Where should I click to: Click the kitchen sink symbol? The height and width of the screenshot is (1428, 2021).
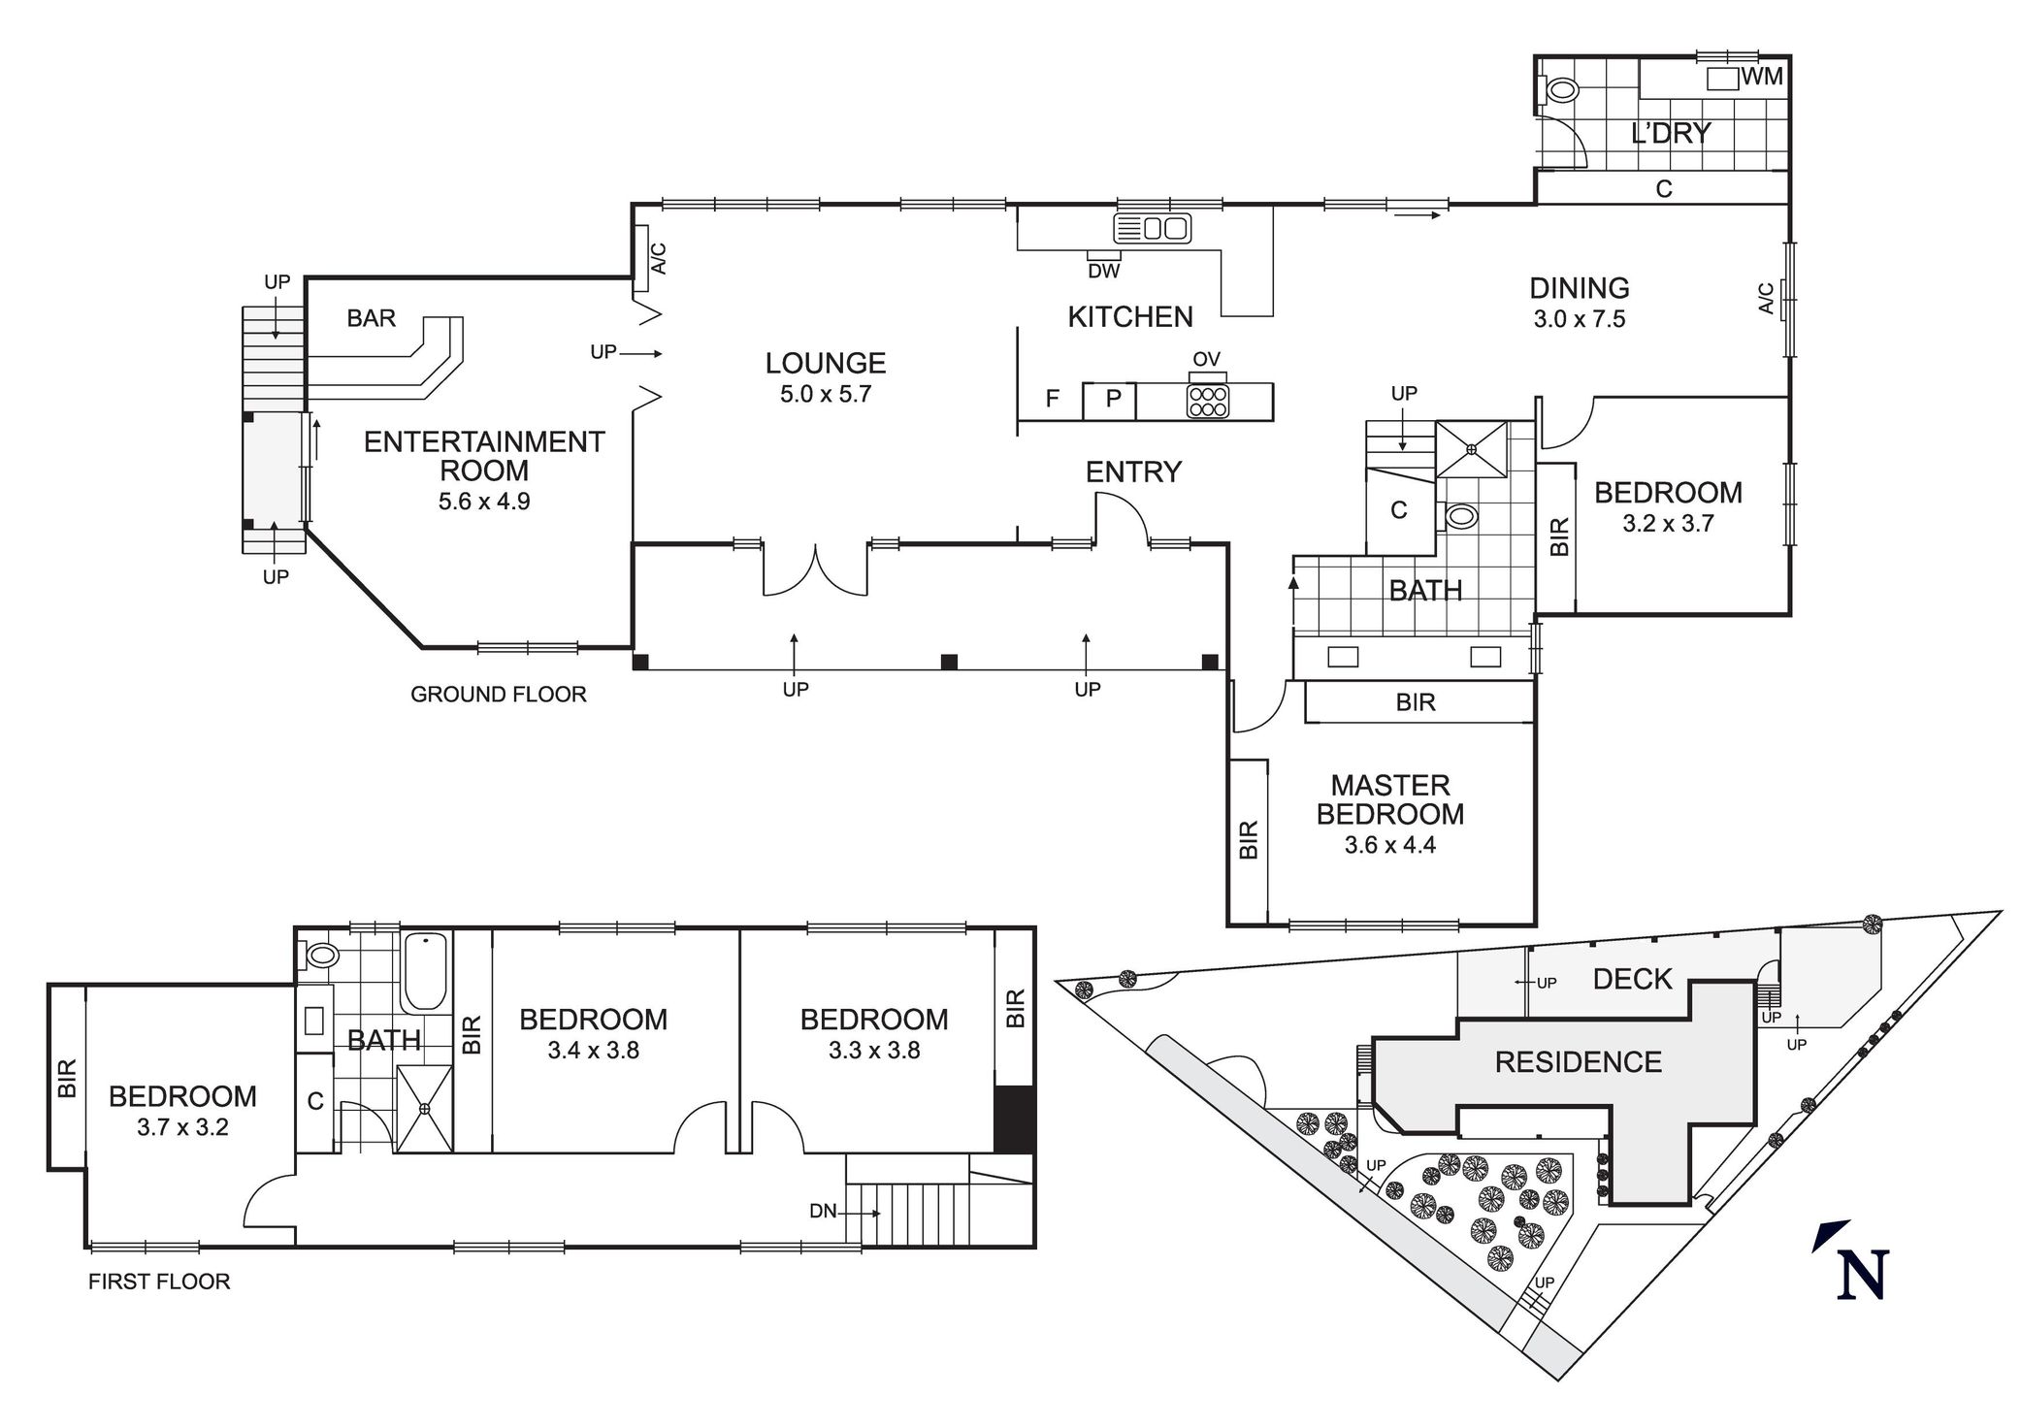click(x=1152, y=229)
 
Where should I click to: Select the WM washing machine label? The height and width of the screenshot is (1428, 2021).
click(x=1762, y=77)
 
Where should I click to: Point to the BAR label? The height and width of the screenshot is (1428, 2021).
click(x=372, y=318)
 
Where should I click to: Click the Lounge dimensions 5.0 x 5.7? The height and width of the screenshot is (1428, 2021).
click(x=826, y=394)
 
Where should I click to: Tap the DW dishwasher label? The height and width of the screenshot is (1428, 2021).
click(x=1104, y=272)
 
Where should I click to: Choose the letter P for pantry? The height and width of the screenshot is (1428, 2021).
click(x=1114, y=399)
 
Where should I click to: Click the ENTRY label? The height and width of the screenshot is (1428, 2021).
click(x=1133, y=472)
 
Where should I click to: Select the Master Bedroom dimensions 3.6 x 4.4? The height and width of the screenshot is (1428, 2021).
click(x=1390, y=845)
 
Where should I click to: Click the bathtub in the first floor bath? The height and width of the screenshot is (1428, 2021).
click(x=425, y=971)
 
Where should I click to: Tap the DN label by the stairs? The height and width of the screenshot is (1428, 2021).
click(x=823, y=1212)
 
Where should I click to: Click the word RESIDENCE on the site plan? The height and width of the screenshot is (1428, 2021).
click(x=1579, y=1062)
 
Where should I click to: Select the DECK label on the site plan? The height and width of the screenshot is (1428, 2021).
click(x=1633, y=980)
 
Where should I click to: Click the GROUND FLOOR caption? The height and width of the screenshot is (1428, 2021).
click(x=499, y=695)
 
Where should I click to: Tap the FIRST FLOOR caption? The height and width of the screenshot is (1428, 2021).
click(x=159, y=1282)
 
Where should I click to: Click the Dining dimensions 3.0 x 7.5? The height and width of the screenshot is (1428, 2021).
click(x=1580, y=319)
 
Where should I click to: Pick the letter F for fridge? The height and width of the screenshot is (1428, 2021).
click(x=1052, y=399)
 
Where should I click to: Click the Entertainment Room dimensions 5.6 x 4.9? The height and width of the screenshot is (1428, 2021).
click(x=484, y=502)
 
